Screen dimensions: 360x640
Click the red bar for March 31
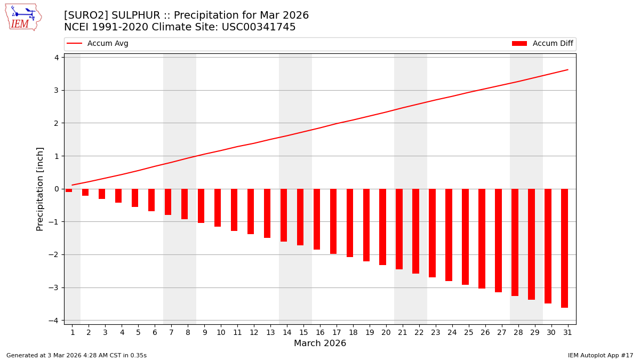pos(564,248)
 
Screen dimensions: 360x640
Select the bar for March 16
pos(317,219)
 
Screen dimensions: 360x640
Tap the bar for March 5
pos(135,198)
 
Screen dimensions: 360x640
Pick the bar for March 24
pos(449,235)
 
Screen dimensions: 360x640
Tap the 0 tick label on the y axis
pos(56,189)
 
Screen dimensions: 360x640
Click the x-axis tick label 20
pos(386,332)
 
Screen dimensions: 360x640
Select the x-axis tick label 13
pos(270,332)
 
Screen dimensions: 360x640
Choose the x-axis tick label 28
pos(517,332)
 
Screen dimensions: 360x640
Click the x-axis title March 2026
pos(320,343)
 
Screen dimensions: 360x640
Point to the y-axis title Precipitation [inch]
pos(41,189)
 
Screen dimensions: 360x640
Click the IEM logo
pos(23,17)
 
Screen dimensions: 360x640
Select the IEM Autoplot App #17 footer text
pos(600,355)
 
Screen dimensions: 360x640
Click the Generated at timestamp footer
pos(76,355)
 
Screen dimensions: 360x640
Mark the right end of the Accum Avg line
pos(567,69)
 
